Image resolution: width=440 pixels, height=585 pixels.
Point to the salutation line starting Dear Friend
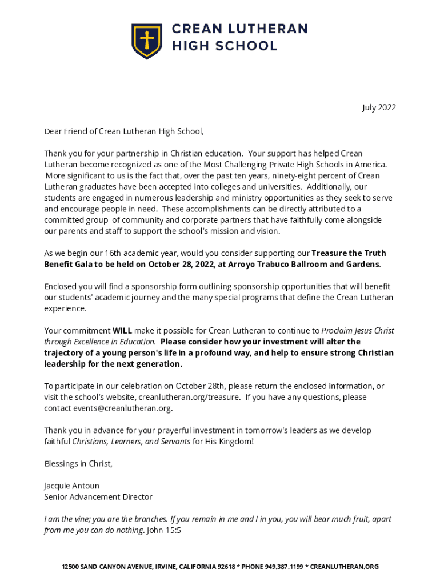point(124,131)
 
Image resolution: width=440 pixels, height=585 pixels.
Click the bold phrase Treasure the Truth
point(349,253)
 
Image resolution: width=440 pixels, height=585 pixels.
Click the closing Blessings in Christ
point(78,464)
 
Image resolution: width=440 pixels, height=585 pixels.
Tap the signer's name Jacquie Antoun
point(72,486)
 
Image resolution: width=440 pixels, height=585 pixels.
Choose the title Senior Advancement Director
point(98,497)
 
